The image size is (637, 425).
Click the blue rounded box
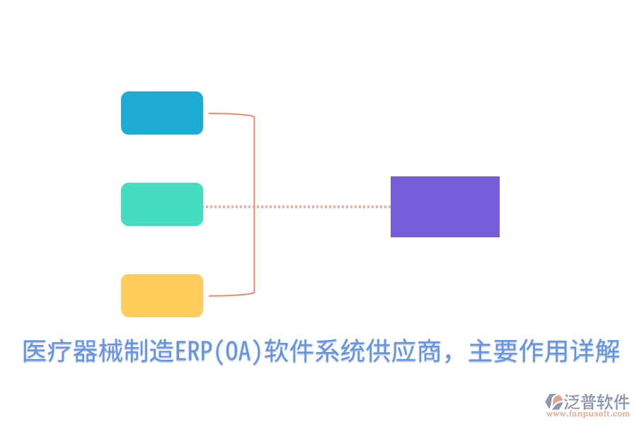162,113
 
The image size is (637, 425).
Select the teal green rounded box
162,204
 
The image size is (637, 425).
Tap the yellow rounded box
162,295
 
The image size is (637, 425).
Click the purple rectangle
445,207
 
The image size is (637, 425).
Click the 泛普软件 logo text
596,402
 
